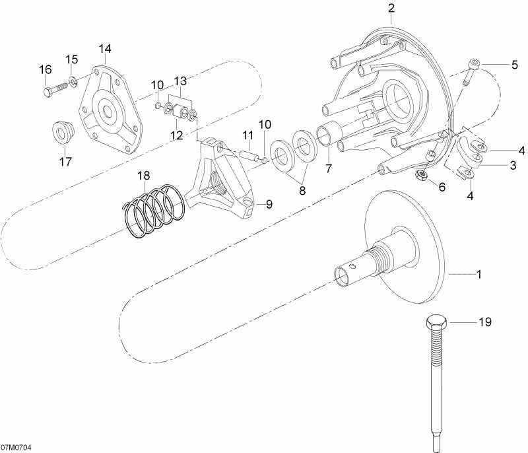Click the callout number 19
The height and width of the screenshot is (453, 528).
coord(485,322)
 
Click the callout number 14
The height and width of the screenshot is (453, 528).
coord(106,49)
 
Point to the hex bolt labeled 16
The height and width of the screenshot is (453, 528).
coord(49,90)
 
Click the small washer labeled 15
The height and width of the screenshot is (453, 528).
coord(73,81)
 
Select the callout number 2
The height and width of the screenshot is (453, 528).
coord(391,9)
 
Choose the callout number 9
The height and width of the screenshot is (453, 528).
coord(269,204)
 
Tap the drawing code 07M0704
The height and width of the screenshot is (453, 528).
coord(15,447)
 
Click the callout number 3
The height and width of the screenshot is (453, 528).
coord(512,166)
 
